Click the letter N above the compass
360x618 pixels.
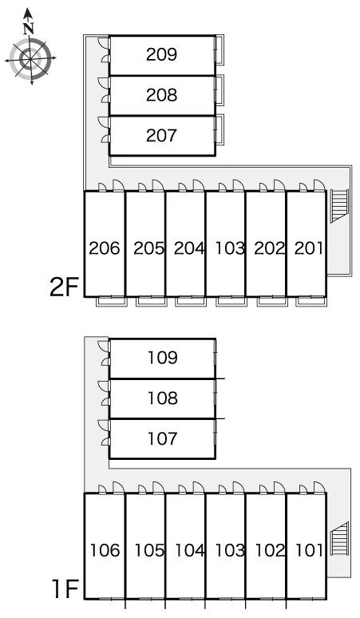tap(29, 29)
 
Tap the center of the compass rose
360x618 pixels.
tap(30, 59)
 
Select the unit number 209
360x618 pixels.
tap(161, 54)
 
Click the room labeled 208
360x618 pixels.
tap(161, 95)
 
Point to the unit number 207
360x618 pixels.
tap(161, 136)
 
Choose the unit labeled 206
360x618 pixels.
tap(105, 248)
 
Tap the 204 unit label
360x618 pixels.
tap(189, 248)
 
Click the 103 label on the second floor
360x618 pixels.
tap(230, 248)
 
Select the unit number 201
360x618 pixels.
tap(309, 248)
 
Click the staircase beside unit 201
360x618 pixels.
tap(339, 206)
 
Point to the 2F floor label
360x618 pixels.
tap(65, 287)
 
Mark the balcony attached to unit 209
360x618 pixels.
tap(220, 49)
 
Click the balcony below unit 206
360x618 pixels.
tap(112, 302)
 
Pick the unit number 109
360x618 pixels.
tap(162, 358)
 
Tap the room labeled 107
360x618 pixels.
tap(162, 438)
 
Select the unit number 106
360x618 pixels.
tap(105, 551)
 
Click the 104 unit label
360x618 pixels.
tap(190, 551)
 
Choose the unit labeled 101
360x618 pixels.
tap(309, 551)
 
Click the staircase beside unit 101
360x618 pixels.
tap(339, 538)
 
